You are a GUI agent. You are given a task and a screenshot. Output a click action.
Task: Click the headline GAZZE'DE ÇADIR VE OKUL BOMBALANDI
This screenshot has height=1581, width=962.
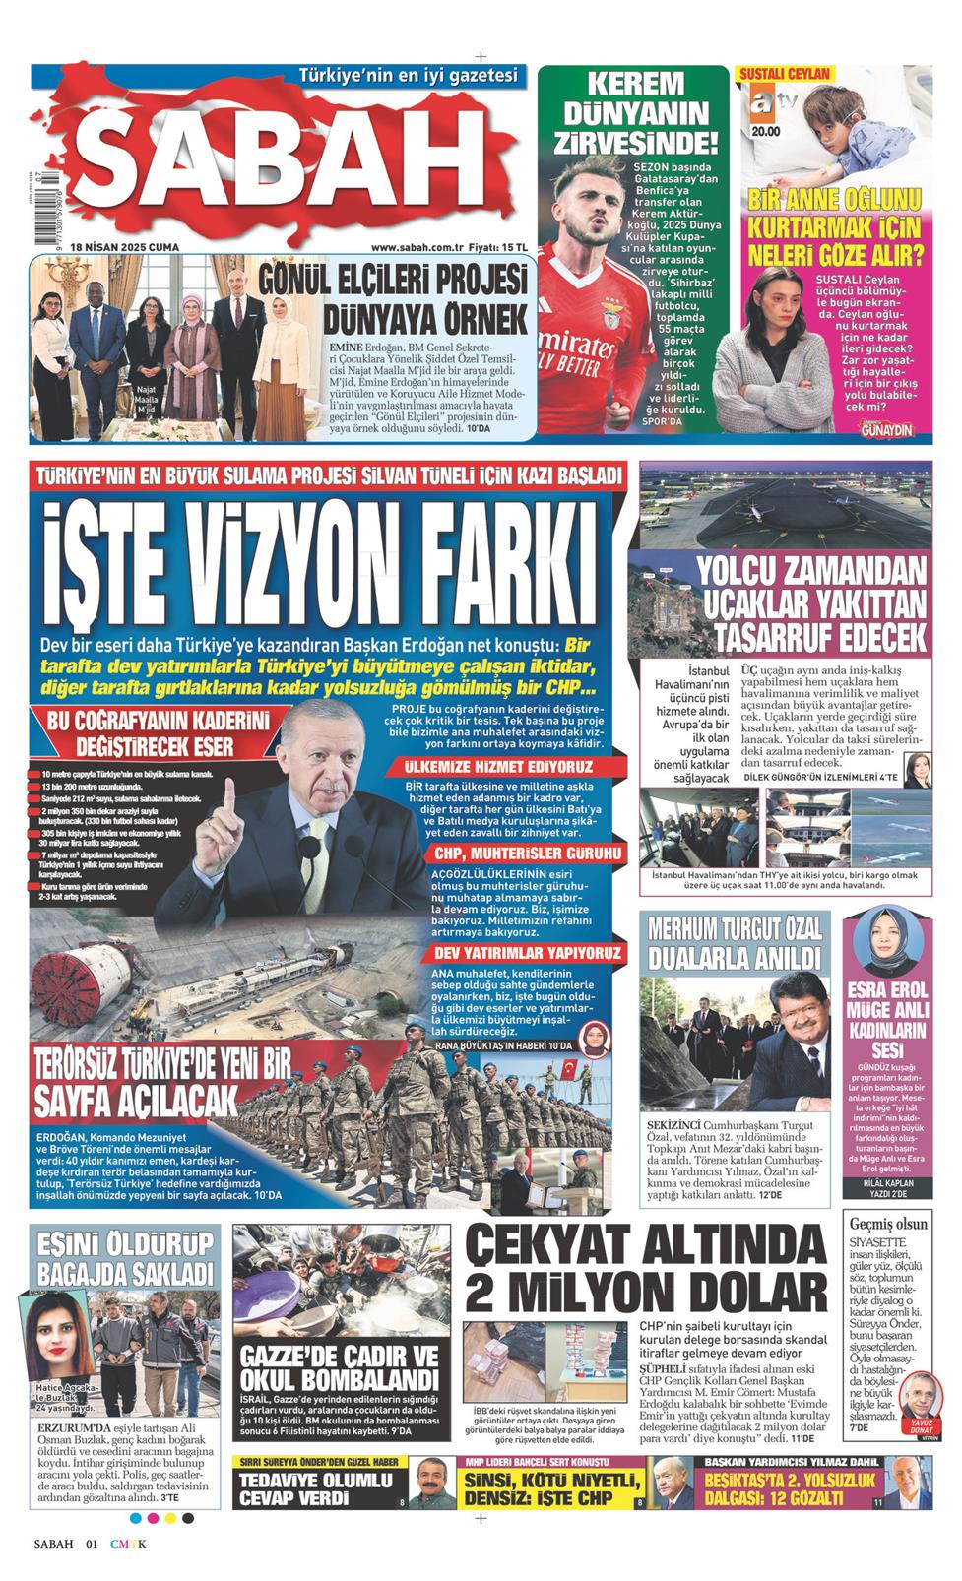pyautogui.click(x=337, y=1363)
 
